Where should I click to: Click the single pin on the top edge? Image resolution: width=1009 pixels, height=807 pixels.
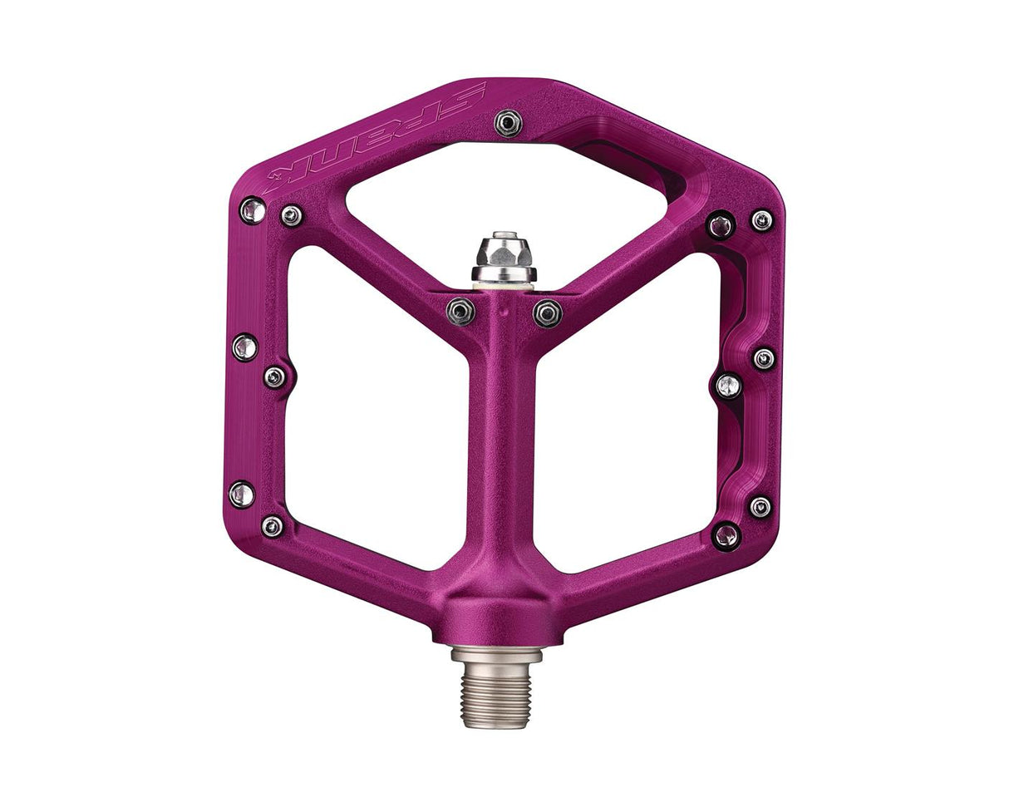point(508,123)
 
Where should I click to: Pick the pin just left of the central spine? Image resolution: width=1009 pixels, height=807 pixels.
point(460,312)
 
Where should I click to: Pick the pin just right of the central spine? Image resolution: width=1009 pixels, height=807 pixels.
point(547,313)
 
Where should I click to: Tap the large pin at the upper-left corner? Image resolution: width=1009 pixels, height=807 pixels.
point(253,210)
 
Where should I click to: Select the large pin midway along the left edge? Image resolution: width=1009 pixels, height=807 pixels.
point(244,347)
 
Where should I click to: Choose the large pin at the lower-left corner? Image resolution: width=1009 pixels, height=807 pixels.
point(242,495)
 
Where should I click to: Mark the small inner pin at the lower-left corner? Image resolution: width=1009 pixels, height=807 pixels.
point(272,525)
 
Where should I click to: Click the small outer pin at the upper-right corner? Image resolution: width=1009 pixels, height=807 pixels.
point(761,220)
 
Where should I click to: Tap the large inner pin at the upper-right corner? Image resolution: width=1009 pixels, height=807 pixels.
point(720,225)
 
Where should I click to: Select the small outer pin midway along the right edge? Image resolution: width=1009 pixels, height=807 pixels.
point(763,358)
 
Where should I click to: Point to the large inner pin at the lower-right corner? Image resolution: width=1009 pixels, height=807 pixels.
point(726,535)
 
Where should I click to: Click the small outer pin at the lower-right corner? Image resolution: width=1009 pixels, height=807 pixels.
point(760,506)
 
